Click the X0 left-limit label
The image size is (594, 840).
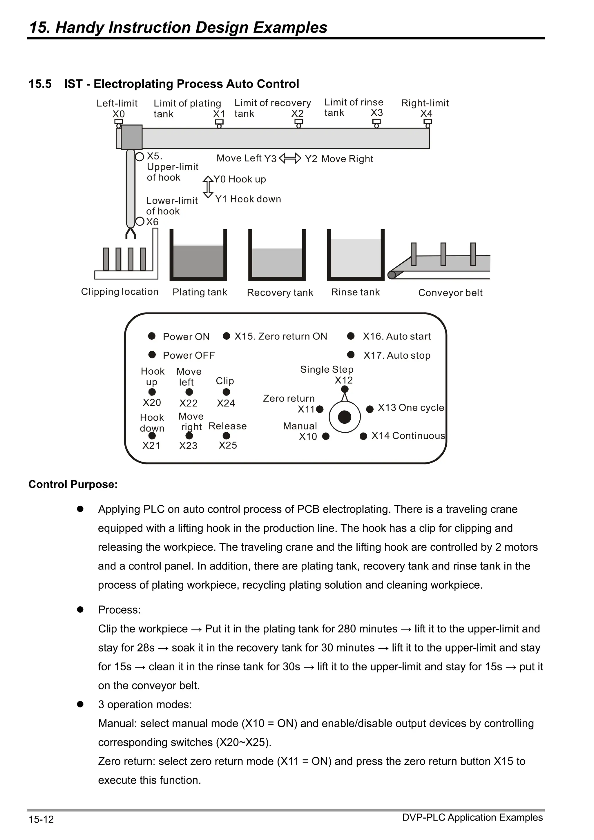coord(118,114)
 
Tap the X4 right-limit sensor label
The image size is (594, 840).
coord(426,113)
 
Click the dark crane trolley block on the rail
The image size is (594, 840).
coord(131,137)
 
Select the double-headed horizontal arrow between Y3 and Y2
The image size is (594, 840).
coord(290,158)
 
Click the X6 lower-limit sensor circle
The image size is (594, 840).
coord(140,221)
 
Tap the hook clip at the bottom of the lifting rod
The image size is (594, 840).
coord(130,233)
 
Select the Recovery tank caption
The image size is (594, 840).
coord(280,293)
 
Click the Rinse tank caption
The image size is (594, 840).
coord(355,292)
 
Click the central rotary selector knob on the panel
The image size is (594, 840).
coord(344,417)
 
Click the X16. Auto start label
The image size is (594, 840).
coord(396,336)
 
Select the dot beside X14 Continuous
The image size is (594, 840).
coord(363,436)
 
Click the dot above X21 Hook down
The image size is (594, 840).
coord(152,436)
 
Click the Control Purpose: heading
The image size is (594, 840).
coord(73,485)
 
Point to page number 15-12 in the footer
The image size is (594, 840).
coord(41,819)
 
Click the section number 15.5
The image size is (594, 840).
coord(40,84)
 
